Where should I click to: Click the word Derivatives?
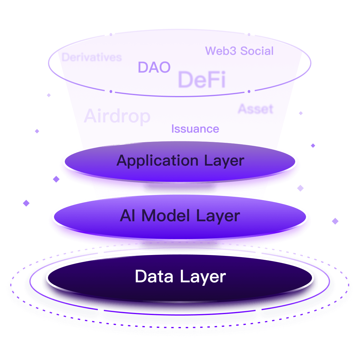coord(91,57)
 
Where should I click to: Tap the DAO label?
coord(154,67)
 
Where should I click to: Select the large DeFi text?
coord(202,79)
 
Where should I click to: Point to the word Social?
coord(257,51)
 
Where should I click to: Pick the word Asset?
coord(256,109)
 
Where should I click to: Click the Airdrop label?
coord(117,116)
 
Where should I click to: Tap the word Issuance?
coord(195,129)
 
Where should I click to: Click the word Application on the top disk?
coord(157,160)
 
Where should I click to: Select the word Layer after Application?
coord(224,160)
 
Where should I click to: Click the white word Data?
coord(154,276)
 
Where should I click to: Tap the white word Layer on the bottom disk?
coord(203,277)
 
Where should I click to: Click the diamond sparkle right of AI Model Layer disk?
coord(335,221)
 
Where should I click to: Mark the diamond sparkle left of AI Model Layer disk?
coord(26,203)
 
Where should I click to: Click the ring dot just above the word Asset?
coord(249,91)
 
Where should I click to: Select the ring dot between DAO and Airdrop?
coord(111,91)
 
